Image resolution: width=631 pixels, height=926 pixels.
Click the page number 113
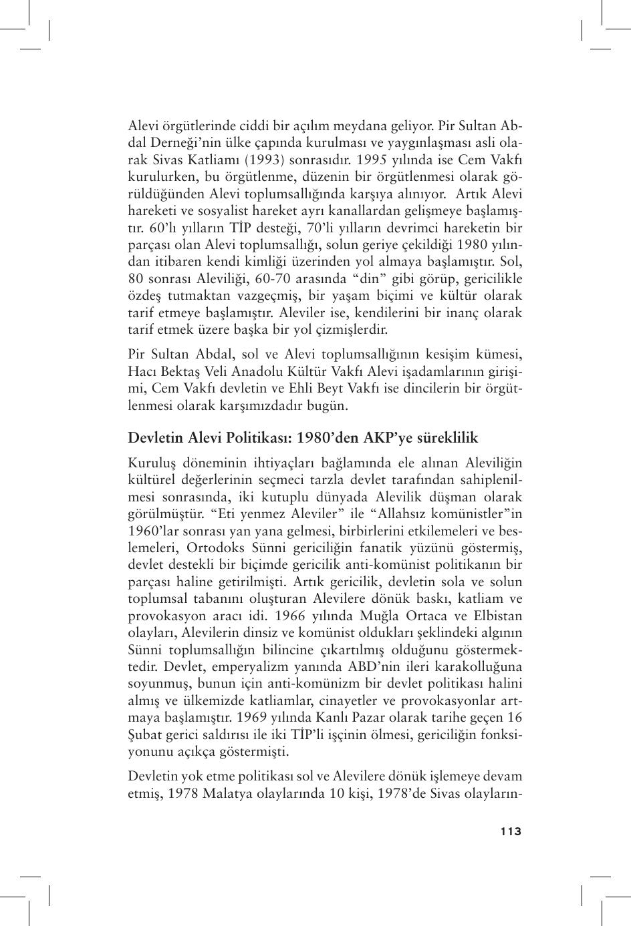point(510,832)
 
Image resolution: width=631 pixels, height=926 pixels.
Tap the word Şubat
point(144,734)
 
